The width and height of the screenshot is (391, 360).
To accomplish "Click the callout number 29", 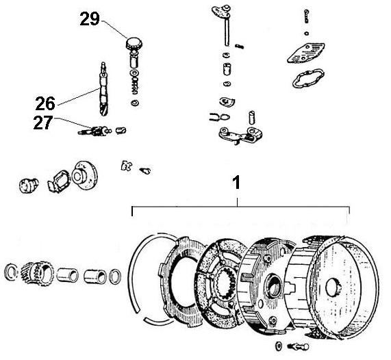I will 90,18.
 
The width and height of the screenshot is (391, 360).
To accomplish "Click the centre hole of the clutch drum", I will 338,283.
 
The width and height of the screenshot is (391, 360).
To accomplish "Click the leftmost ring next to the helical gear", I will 11,272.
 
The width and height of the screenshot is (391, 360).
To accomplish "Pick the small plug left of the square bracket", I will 27,183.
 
